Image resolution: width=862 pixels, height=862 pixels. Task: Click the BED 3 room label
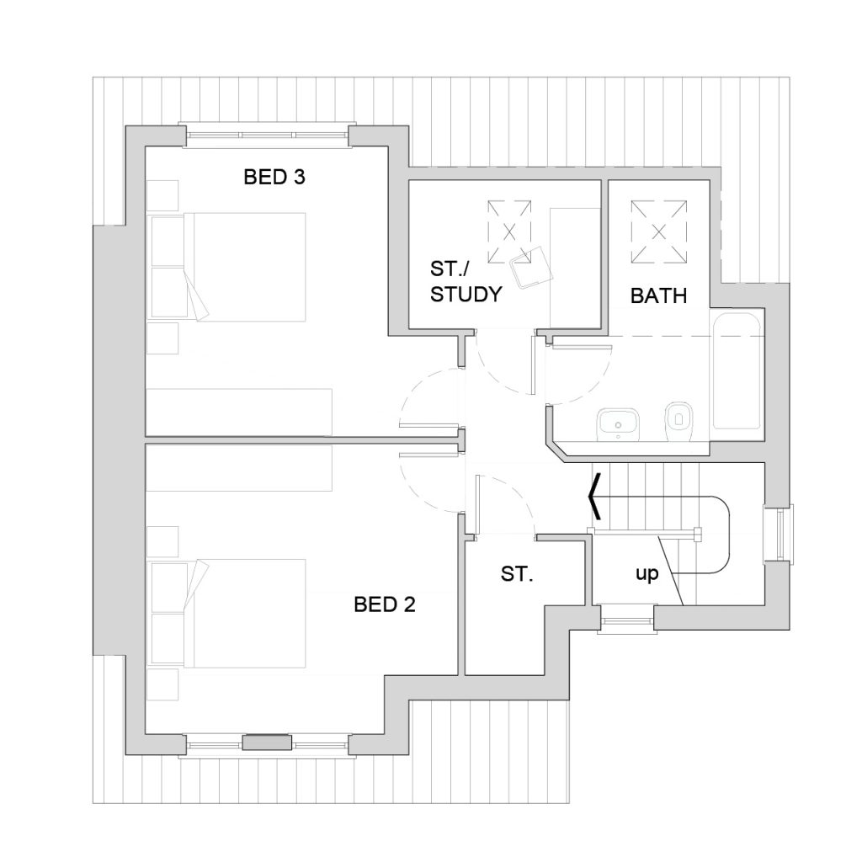[274, 177]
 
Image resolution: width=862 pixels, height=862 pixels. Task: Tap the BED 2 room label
[384, 604]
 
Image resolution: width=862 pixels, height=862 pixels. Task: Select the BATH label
[658, 295]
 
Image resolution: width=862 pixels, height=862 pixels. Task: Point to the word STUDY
[466, 294]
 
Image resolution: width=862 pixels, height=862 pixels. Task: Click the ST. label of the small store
[517, 574]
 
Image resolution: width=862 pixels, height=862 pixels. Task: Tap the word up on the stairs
[646, 574]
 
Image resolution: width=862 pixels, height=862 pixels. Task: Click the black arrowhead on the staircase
[594, 497]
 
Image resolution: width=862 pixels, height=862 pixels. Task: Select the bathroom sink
[619, 423]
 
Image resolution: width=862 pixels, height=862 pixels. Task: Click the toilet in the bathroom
[678, 422]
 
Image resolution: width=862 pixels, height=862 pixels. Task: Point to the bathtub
[737, 371]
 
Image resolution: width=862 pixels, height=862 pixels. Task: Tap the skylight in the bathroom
[658, 232]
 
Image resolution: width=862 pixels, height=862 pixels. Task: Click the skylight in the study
[509, 232]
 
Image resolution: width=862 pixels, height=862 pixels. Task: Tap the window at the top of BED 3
[267, 136]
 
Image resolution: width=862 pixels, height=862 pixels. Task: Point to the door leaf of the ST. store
[478, 505]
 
